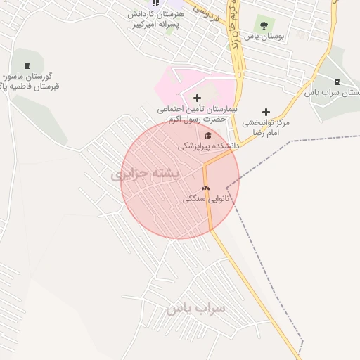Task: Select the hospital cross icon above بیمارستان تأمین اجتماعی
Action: [x=197, y=98]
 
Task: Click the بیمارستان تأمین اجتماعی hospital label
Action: [x=198, y=110]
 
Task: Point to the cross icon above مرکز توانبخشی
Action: [x=266, y=112]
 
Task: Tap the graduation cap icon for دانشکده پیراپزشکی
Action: [x=207, y=135]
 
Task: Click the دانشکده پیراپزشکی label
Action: [x=208, y=146]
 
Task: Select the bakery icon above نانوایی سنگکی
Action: [x=205, y=188]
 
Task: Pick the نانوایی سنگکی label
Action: [x=207, y=199]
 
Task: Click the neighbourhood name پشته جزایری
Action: [x=146, y=173]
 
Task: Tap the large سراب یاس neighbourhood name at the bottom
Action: [x=195, y=308]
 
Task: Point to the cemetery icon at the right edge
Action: [x=337, y=82]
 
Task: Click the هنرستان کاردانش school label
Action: [x=156, y=14]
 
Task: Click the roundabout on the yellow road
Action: [x=241, y=73]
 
